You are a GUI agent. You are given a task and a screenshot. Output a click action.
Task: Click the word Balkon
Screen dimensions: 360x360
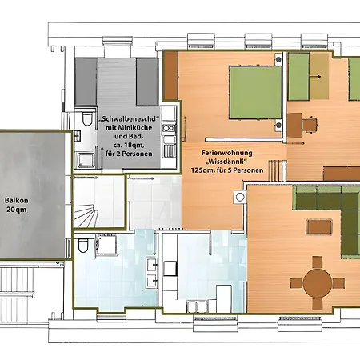(17, 201)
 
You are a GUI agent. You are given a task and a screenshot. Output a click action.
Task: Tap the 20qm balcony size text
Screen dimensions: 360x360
(17, 210)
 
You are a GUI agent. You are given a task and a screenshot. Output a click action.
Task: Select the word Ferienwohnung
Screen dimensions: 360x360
(226, 153)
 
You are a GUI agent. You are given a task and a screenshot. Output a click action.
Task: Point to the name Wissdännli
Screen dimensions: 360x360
(226, 162)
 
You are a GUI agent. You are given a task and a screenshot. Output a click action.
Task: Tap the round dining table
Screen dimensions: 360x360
(318, 283)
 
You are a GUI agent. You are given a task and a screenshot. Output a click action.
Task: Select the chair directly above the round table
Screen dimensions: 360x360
(317, 262)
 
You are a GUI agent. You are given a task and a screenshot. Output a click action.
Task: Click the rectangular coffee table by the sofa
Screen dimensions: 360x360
(319, 226)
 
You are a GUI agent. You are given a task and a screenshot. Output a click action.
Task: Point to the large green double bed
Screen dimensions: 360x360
(255, 93)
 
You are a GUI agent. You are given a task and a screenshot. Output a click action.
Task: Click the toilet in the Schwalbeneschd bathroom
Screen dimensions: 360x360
(87, 118)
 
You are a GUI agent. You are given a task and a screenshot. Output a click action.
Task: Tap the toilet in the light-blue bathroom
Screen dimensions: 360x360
(83, 246)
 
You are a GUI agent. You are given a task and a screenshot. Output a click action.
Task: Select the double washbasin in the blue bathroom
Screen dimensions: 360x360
(151, 273)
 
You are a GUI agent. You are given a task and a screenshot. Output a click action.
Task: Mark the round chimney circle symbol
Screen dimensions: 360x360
(240, 197)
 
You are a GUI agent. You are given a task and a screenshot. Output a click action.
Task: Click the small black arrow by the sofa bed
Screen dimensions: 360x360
(315, 77)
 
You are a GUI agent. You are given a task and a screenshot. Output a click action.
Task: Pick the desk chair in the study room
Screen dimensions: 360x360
(310, 124)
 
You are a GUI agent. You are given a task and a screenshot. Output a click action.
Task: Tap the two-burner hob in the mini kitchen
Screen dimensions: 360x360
(169, 128)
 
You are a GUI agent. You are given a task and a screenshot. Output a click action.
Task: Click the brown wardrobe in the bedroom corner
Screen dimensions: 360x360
(171, 76)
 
